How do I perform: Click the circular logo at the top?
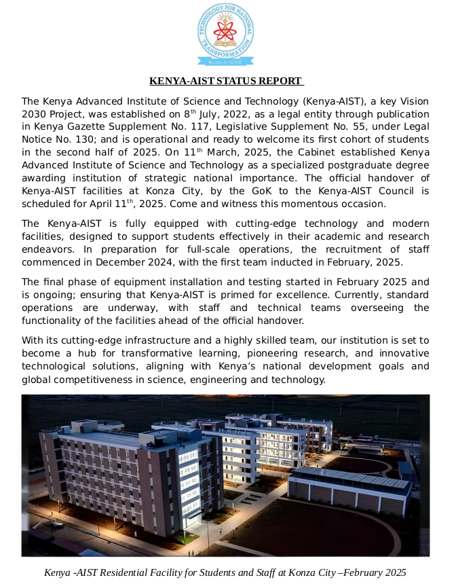(226, 35)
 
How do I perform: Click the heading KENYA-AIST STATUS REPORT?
(226, 81)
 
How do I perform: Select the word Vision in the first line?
(412, 101)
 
